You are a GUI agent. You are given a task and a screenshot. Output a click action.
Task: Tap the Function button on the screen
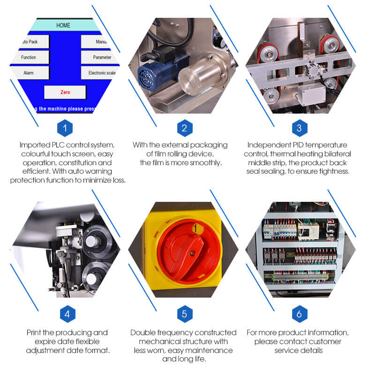[x=29, y=57]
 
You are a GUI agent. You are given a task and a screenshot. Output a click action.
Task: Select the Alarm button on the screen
[x=29, y=73]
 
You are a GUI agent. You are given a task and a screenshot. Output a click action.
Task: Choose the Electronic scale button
[x=100, y=73]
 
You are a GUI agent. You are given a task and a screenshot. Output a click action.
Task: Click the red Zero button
[x=65, y=92]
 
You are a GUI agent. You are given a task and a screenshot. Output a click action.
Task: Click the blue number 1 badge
[x=65, y=128]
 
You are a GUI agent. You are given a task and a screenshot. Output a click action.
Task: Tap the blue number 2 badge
[x=184, y=128]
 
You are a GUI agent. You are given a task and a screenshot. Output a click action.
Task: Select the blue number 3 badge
[x=299, y=128]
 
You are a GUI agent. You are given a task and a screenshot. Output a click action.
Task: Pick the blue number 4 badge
[x=67, y=314]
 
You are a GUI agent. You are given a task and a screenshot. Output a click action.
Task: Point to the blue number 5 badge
[x=184, y=314]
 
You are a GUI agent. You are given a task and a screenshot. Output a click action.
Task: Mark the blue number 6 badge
[x=299, y=314]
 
